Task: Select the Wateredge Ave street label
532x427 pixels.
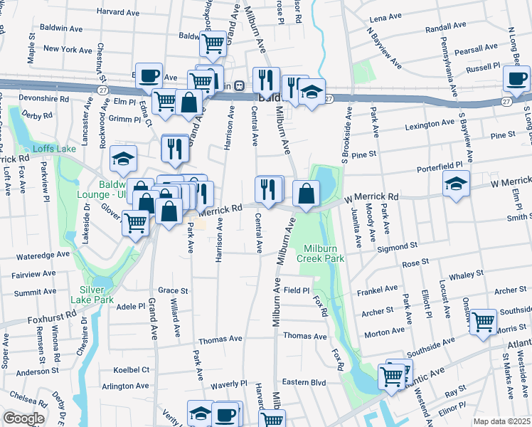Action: coord(43,253)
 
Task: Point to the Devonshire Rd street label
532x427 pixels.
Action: coord(44,99)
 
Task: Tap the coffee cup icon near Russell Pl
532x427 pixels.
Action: coord(516,79)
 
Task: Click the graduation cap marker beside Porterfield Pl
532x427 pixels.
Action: coord(456,184)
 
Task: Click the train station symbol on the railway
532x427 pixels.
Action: coord(240,85)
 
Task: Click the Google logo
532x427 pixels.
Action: coord(23,418)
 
